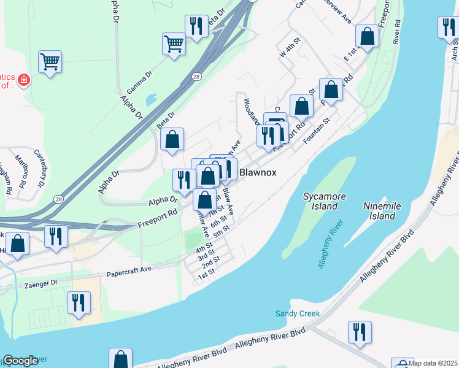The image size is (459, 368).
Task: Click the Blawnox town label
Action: pos(258,172)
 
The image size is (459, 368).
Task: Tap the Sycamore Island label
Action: pos(325,201)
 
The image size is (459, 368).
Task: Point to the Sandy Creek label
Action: pos(298,313)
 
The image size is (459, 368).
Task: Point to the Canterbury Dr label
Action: pos(40,168)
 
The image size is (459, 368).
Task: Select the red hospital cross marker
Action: pos(24,80)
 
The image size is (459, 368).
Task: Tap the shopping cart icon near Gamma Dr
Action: pos(174,44)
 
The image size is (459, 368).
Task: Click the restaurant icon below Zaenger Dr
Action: pos(79,302)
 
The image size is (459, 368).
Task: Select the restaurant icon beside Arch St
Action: pos(447,27)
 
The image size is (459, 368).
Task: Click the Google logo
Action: pos(20,361)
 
